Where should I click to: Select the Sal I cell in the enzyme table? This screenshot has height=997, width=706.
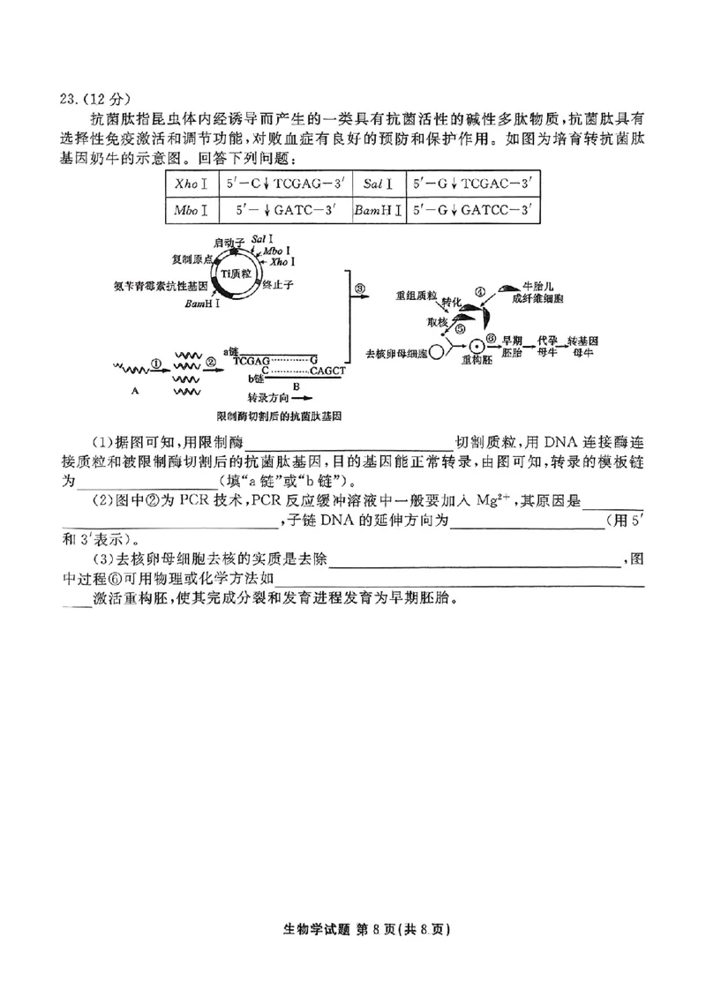(x=374, y=184)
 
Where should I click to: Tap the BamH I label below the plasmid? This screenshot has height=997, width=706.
(x=203, y=304)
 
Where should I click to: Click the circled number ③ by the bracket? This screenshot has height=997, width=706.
(x=359, y=288)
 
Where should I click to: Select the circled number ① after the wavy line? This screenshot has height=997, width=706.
(x=155, y=361)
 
